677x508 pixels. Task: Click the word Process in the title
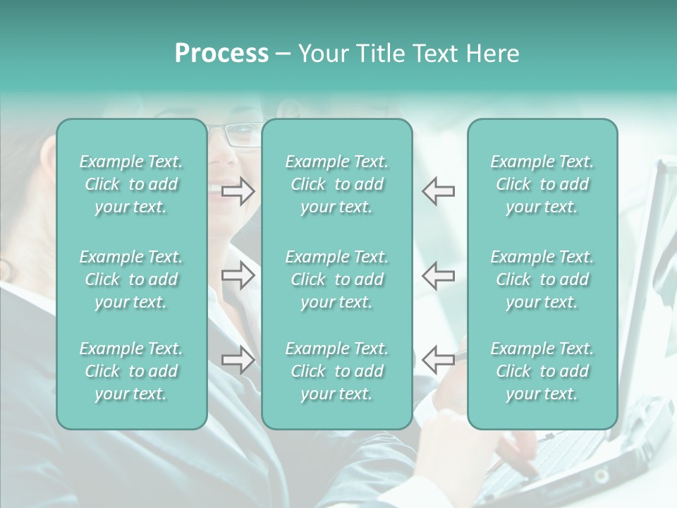pyautogui.click(x=221, y=54)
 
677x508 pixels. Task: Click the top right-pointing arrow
pyautogui.click(x=238, y=191)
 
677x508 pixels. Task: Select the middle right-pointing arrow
pyautogui.click(x=238, y=276)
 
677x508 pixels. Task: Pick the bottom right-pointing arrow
pyautogui.click(x=238, y=360)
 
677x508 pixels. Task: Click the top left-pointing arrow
pyautogui.click(x=438, y=191)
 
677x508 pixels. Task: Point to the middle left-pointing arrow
pyautogui.click(x=438, y=276)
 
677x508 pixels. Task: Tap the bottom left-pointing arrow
pyautogui.click(x=438, y=360)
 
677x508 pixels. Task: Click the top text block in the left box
pyautogui.click(x=131, y=184)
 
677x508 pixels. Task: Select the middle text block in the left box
pyautogui.click(x=131, y=279)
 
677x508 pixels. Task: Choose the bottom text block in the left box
pyautogui.click(x=131, y=371)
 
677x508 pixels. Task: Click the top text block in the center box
pyautogui.click(x=337, y=184)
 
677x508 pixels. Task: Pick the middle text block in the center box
pyautogui.click(x=337, y=279)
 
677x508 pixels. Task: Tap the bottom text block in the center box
pyautogui.click(x=337, y=371)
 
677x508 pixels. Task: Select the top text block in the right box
pyautogui.click(x=542, y=184)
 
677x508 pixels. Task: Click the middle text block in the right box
pyautogui.click(x=542, y=279)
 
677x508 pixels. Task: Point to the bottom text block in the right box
pyautogui.click(x=542, y=371)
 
